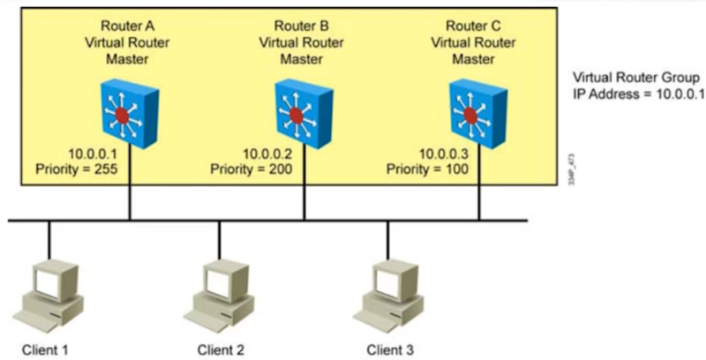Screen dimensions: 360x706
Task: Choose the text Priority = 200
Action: pos(249,167)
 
